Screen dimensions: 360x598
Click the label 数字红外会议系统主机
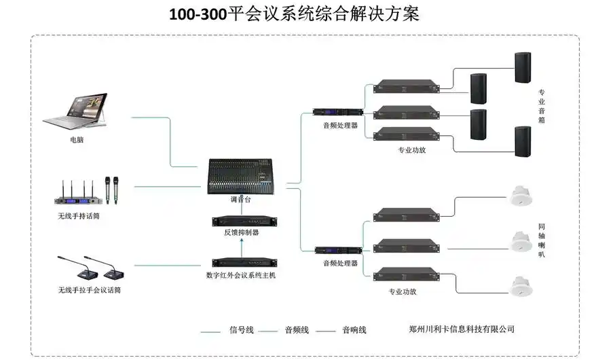(x=241, y=276)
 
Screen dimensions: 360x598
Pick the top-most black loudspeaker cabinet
(x=522, y=67)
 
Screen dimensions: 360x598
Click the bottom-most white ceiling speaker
(x=521, y=286)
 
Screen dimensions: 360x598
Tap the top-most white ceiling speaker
(x=521, y=196)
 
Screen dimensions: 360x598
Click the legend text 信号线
(x=241, y=330)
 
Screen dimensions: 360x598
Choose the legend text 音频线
(x=297, y=330)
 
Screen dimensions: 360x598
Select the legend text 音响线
(x=354, y=330)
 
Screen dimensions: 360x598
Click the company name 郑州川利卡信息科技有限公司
(x=462, y=329)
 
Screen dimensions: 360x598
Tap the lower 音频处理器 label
(x=340, y=263)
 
